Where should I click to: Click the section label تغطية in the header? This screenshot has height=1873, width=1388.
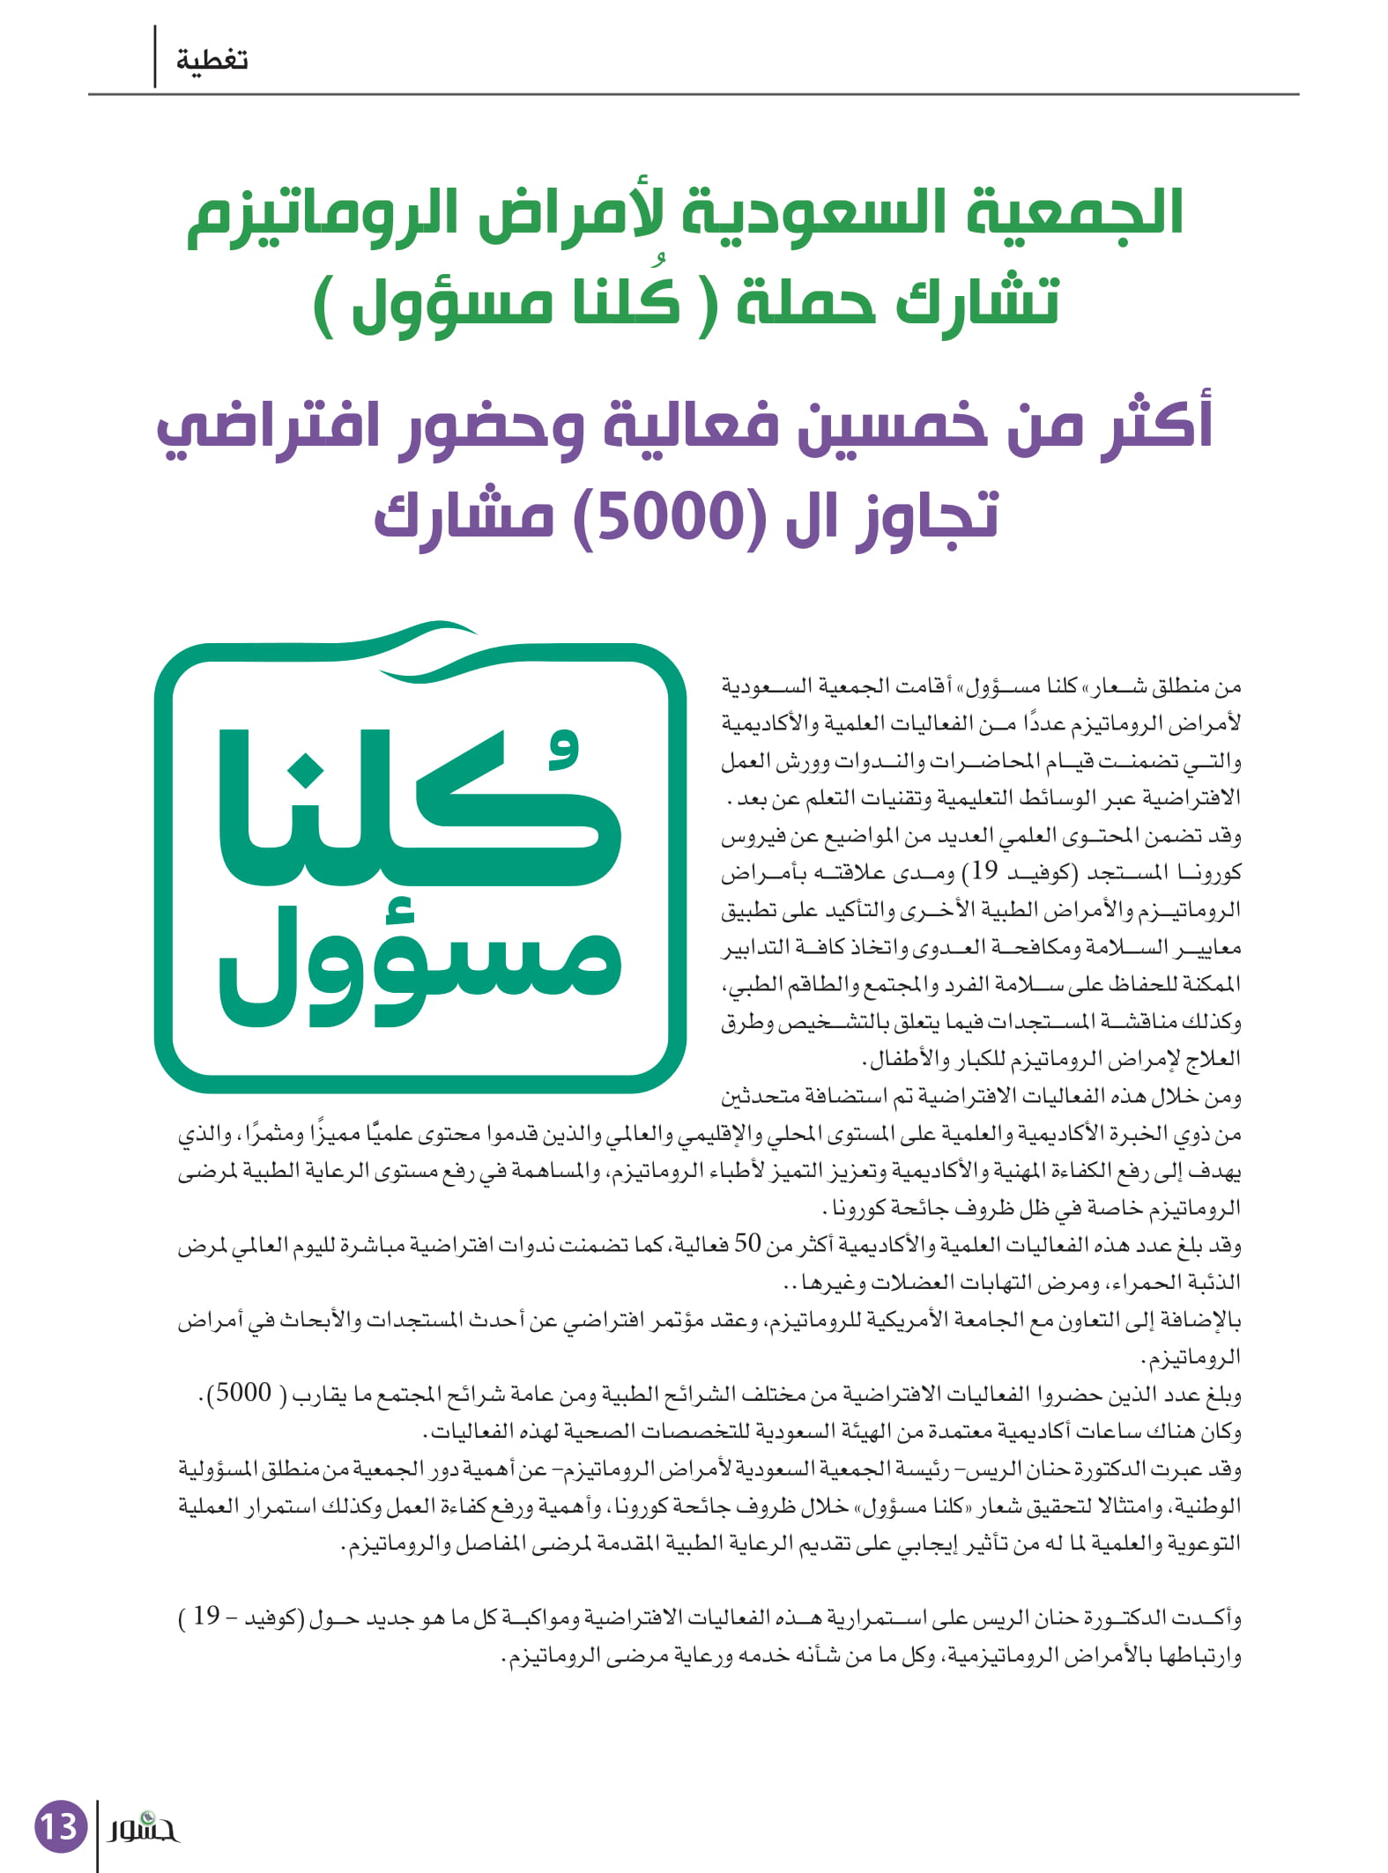tap(212, 61)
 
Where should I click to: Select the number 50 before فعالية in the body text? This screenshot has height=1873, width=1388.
tap(747, 1243)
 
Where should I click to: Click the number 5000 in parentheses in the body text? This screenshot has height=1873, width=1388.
tap(244, 1393)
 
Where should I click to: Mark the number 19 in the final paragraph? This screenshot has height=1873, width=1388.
tap(205, 1616)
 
